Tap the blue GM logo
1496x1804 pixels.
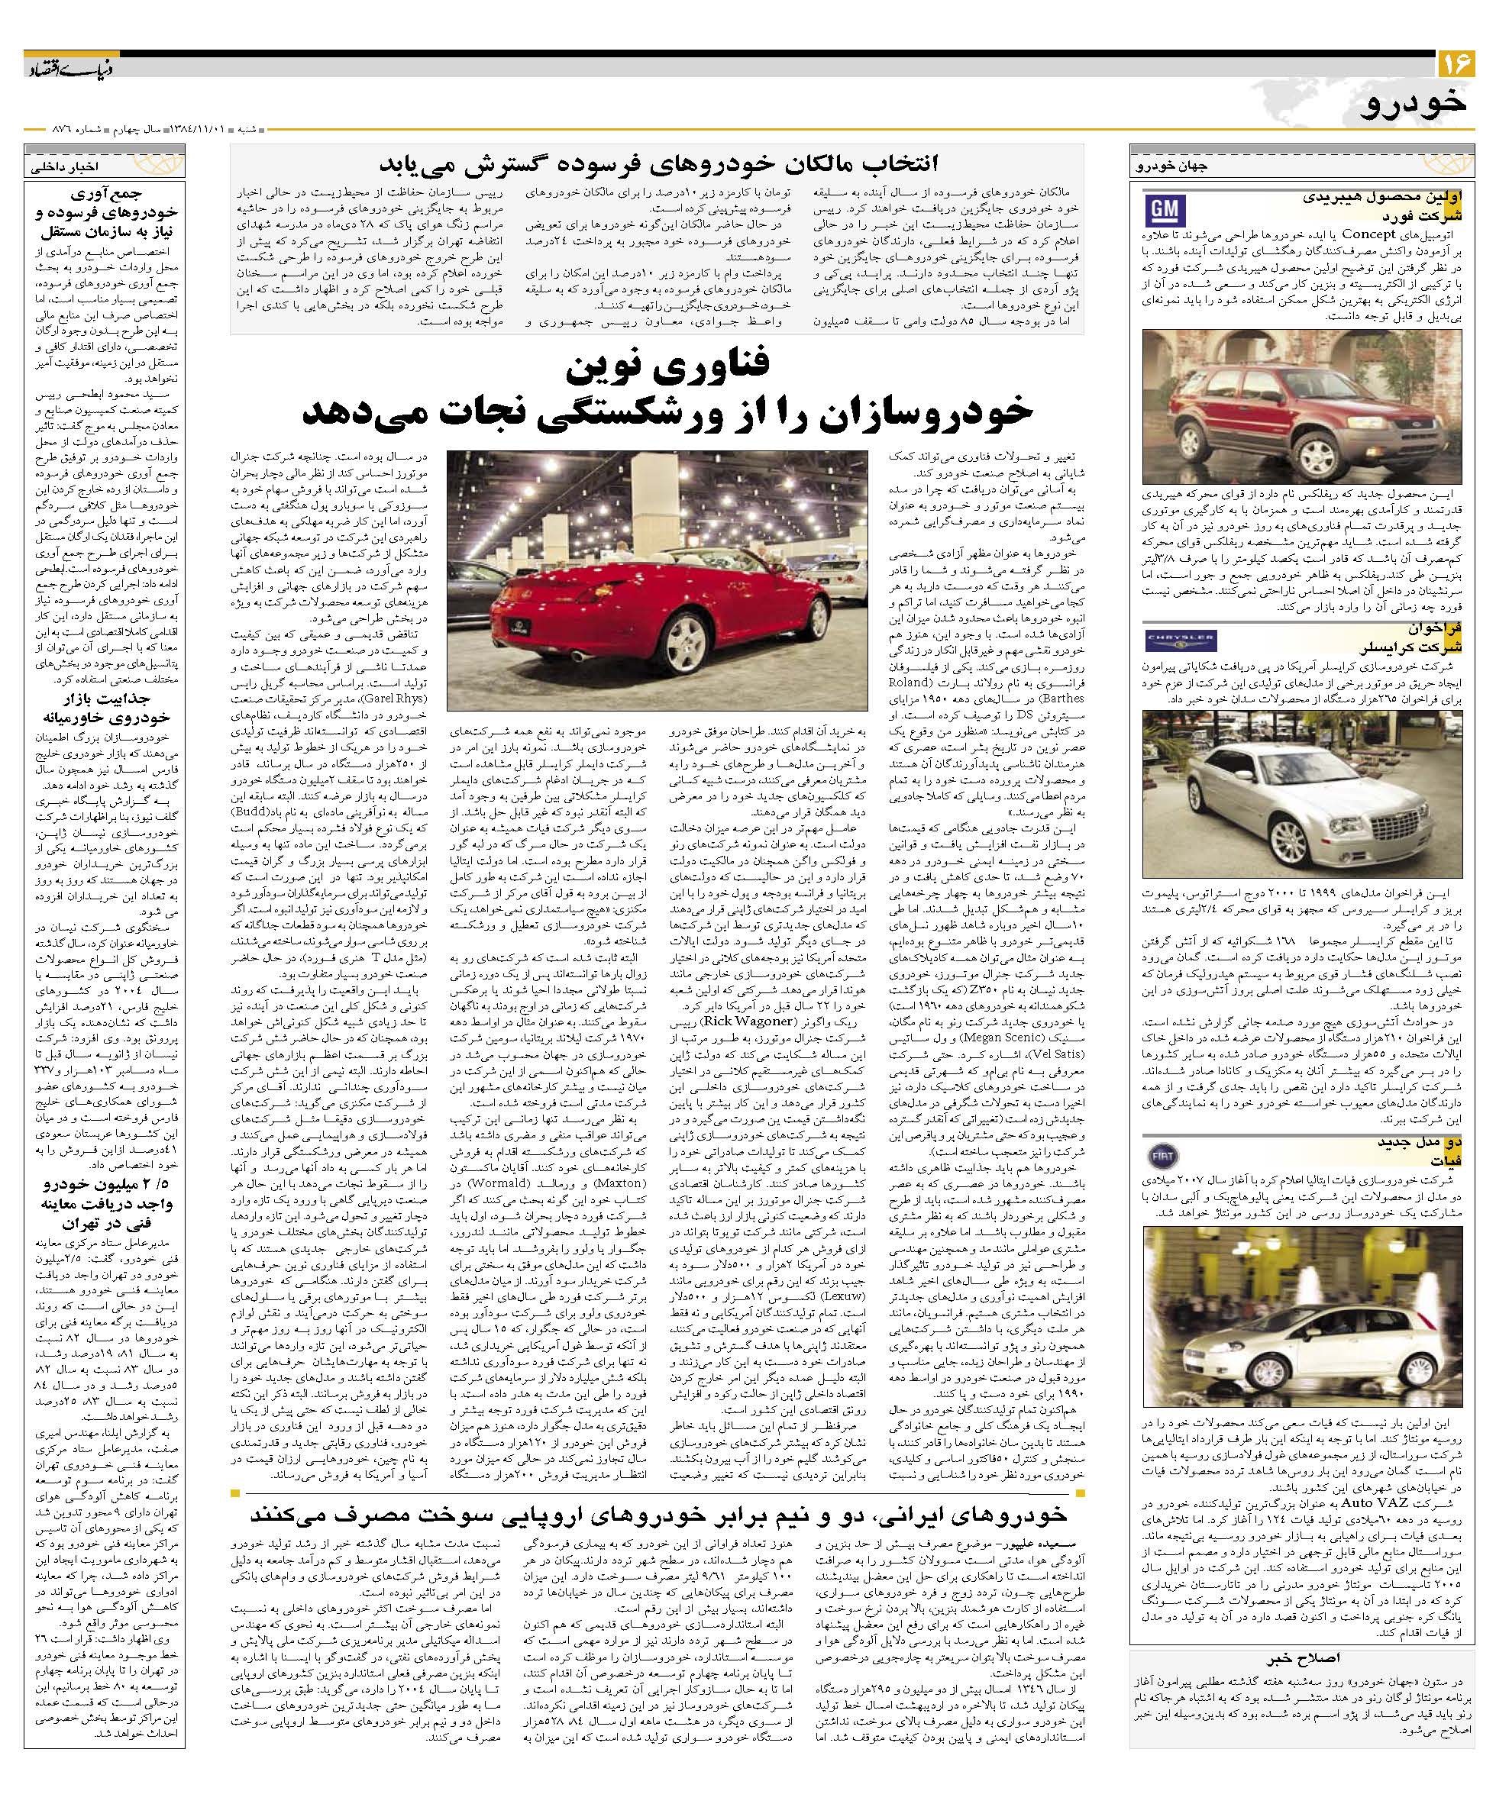[1167, 211]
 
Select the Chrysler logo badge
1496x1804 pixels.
[1181, 639]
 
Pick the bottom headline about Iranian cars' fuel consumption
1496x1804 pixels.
[658, 1511]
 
